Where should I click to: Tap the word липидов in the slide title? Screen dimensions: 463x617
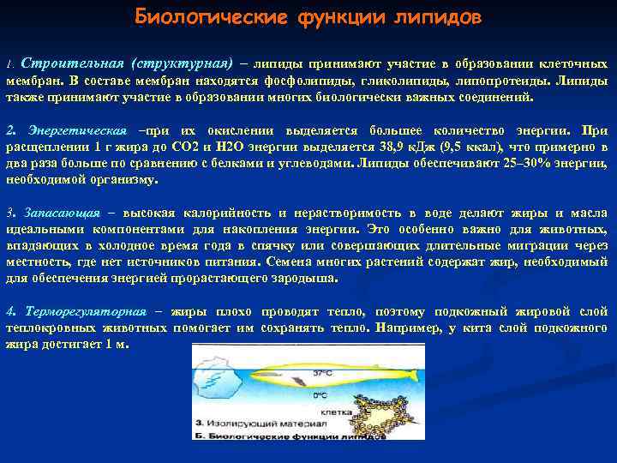point(436,17)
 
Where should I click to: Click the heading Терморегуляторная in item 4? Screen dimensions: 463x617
point(87,311)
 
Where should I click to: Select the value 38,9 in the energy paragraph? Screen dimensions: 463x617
point(379,147)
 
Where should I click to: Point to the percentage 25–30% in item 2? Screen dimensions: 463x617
point(510,164)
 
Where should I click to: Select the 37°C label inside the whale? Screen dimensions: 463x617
point(322,374)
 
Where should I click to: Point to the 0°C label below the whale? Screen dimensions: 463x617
point(320,395)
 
